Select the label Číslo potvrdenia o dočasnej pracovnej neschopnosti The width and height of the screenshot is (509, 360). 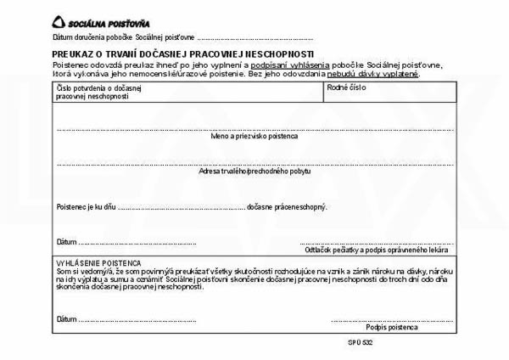92,92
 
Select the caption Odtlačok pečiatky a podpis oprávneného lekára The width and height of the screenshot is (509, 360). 377,250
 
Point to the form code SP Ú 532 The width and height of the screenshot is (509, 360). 360,344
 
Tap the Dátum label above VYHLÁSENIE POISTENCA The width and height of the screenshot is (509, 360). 66,241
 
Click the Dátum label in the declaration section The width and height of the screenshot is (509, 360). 66,319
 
